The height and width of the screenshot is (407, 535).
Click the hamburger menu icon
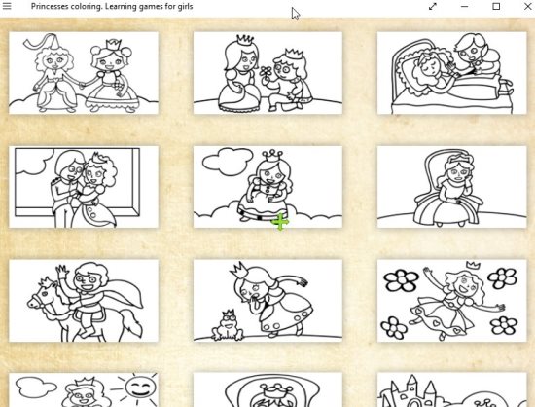click(x=7, y=6)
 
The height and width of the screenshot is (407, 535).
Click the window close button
click(x=527, y=6)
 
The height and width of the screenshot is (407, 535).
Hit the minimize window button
click(x=464, y=6)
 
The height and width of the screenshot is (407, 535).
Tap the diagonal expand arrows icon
click(x=433, y=6)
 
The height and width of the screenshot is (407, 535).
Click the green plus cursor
click(x=280, y=222)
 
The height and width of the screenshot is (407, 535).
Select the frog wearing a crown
click(x=228, y=325)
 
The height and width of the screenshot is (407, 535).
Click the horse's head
click(x=42, y=297)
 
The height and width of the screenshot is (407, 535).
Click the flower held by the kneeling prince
click(x=267, y=72)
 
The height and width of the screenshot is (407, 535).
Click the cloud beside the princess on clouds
click(x=228, y=162)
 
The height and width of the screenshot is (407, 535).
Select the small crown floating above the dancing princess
click(x=474, y=264)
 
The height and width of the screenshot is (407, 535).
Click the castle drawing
click(x=411, y=392)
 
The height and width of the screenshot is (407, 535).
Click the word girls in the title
click(x=184, y=6)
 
